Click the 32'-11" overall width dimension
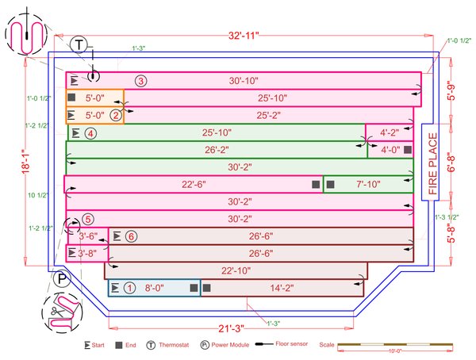(237, 35)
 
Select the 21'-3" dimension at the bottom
(231, 328)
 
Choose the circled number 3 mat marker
(140, 81)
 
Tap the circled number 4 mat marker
(91, 133)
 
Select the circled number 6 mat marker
(131, 236)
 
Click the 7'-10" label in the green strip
(368, 184)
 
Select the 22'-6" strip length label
(194, 184)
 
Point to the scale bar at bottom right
(397, 346)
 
